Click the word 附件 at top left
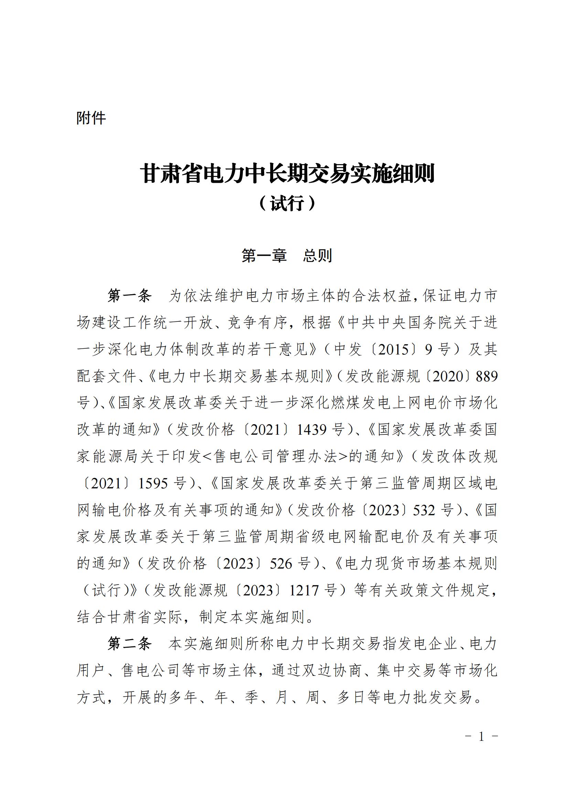91,118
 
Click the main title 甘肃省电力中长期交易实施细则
287,173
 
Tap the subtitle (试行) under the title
287,203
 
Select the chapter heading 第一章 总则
287,256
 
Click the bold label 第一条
129,296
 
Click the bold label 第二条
129,644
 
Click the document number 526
281,564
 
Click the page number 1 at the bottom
481,737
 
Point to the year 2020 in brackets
448,376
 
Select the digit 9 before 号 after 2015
428,349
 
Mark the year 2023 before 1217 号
258,591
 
